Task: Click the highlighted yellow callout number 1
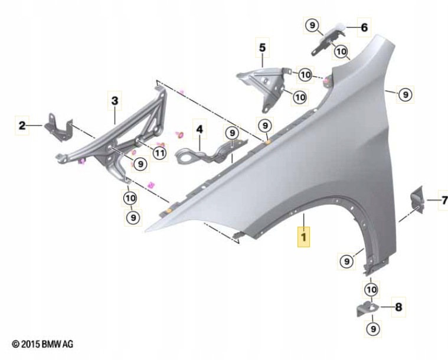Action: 303,238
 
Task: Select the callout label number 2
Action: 22,125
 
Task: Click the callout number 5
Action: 261,45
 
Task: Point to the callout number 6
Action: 364,27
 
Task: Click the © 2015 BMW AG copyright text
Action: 42,343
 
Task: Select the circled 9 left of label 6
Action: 312,25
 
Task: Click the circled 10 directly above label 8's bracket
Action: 370,290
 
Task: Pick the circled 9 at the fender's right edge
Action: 404,94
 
